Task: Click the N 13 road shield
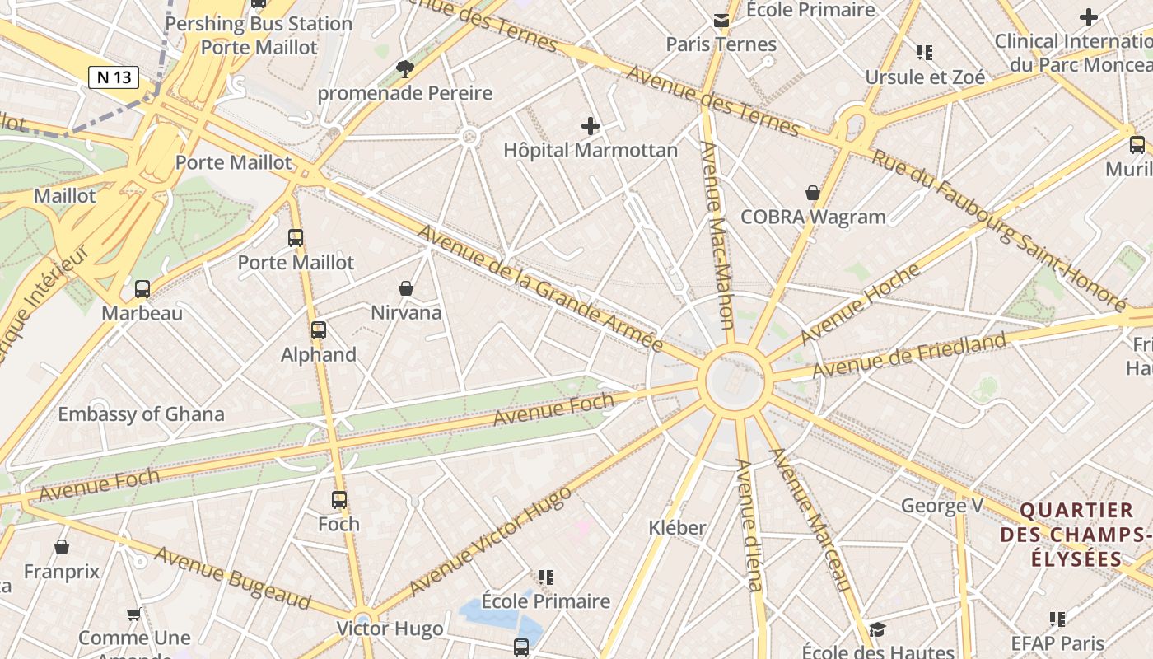pyautogui.click(x=114, y=77)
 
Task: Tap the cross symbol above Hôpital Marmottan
pyautogui.click(x=591, y=126)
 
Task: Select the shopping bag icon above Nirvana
pyautogui.click(x=406, y=288)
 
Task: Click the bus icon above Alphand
pyautogui.click(x=319, y=330)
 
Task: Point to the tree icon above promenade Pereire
pyautogui.click(x=404, y=68)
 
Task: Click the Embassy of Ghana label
pyautogui.click(x=141, y=414)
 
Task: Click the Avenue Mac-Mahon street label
pyautogui.click(x=717, y=235)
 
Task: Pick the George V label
pyautogui.click(x=942, y=505)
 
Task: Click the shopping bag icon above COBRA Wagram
pyautogui.click(x=813, y=193)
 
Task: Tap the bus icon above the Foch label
pyautogui.click(x=339, y=499)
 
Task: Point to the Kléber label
pyautogui.click(x=677, y=527)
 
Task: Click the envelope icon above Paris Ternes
pyautogui.click(x=721, y=20)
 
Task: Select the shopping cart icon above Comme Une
pyautogui.click(x=133, y=614)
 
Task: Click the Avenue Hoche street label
pyautogui.click(x=860, y=303)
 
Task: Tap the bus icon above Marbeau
pyautogui.click(x=142, y=289)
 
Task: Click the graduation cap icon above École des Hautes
pyautogui.click(x=877, y=630)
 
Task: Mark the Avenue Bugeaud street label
pyautogui.click(x=233, y=577)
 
